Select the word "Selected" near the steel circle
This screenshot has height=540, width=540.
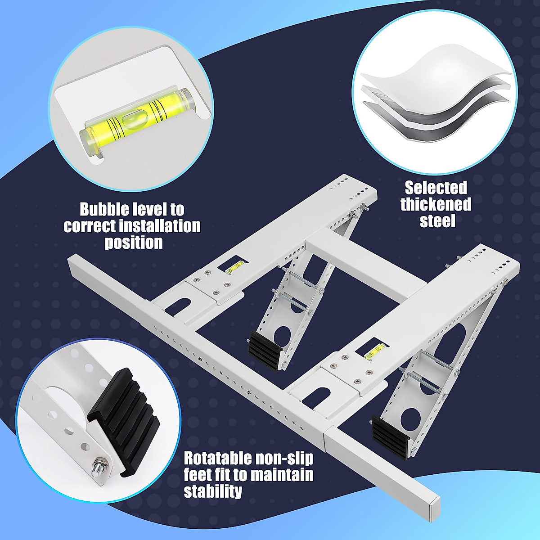point(436,188)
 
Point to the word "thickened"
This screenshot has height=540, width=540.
point(436,204)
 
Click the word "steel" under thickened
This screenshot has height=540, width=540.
point(437,221)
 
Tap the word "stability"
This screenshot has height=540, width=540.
point(213,491)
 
